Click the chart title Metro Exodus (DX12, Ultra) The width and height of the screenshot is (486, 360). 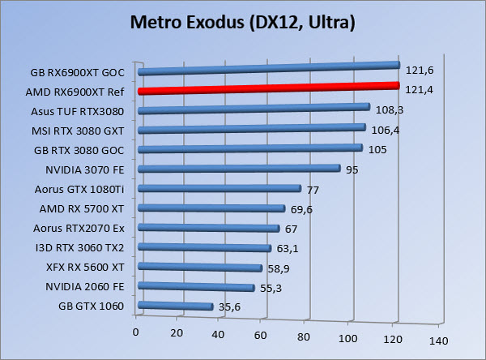(x=243, y=25)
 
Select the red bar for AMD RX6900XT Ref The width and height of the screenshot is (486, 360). (x=267, y=88)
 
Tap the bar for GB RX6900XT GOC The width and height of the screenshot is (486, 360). (x=267, y=68)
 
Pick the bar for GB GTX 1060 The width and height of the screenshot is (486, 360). (x=175, y=306)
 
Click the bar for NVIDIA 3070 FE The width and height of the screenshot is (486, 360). (x=239, y=169)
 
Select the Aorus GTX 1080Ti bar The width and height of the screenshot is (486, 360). (x=220, y=189)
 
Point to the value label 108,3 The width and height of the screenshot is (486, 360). (x=390, y=108)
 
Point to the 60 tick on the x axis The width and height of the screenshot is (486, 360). (x=260, y=333)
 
